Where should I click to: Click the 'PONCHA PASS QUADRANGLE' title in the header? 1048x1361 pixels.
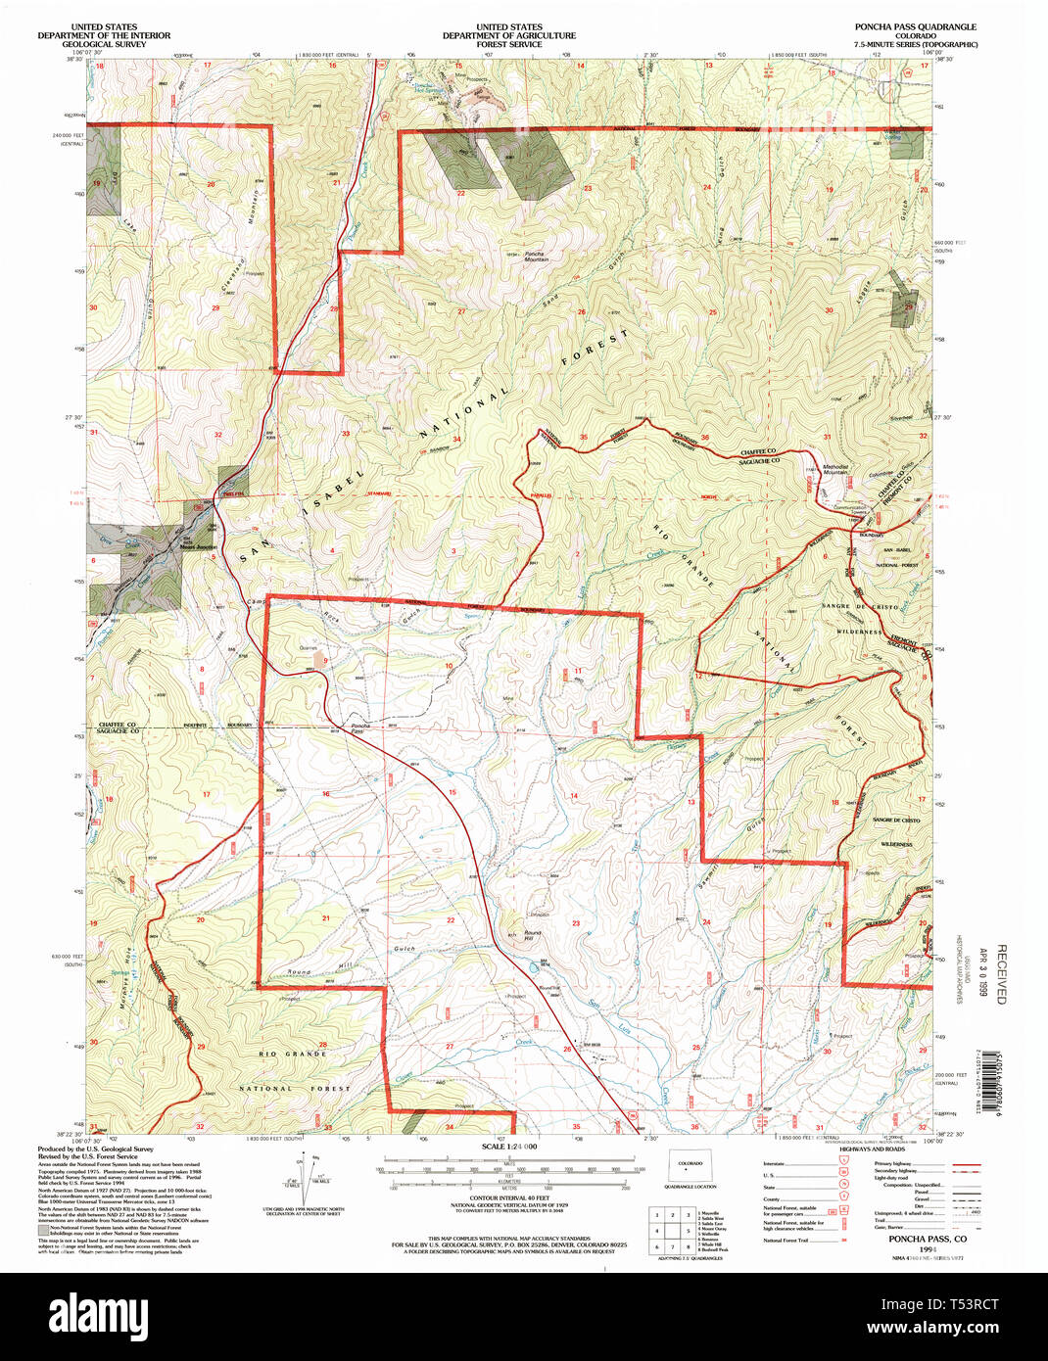915,27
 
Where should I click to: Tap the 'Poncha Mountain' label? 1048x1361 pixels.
536,256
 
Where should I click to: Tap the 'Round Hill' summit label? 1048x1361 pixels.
532,936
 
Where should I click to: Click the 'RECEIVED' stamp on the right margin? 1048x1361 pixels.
1001,974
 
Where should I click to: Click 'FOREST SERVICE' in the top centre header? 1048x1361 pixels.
508,45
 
